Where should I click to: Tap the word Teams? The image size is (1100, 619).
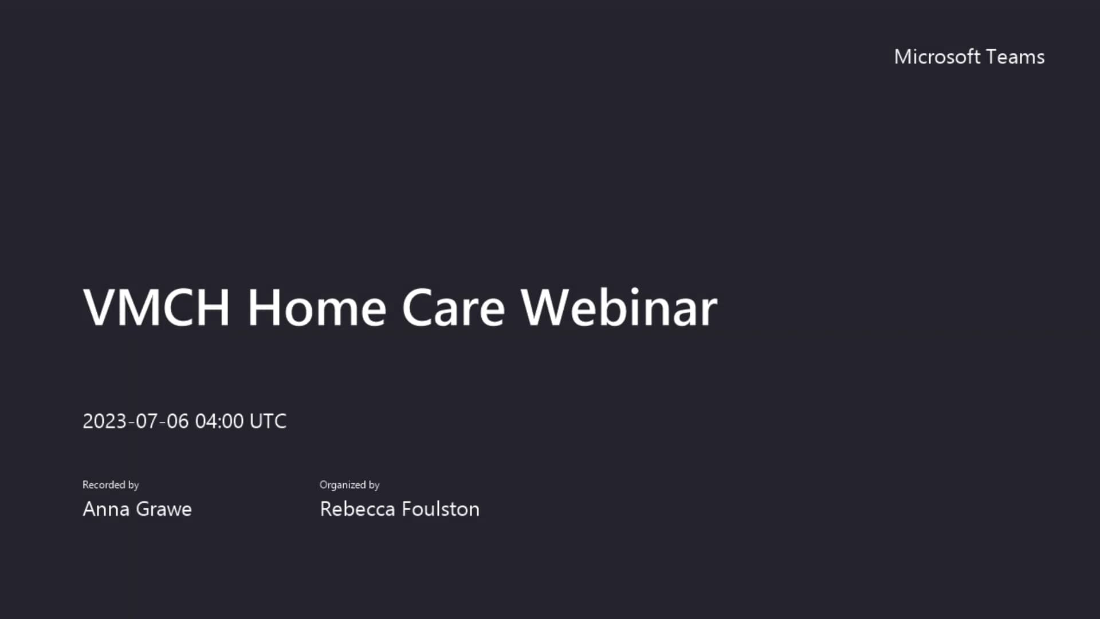(1016, 57)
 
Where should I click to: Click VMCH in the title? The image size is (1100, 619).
(156, 308)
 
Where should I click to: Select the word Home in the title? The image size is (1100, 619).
(317, 308)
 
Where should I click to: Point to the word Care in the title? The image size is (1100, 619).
(453, 308)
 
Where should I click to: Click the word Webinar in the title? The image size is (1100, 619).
(619, 308)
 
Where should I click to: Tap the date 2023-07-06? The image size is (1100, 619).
(135, 421)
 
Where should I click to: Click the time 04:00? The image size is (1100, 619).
(219, 421)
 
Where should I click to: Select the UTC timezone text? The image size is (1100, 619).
(268, 421)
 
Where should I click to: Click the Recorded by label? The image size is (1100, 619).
(111, 485)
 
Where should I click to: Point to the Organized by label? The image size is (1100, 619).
(349, 485)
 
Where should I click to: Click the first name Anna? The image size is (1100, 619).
(106, 509)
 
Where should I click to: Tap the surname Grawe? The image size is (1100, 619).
(164, 509)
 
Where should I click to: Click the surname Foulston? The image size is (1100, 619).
(441, 509)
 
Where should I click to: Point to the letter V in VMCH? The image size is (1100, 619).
(100, 308)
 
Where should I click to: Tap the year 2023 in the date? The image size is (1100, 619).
(104, 421)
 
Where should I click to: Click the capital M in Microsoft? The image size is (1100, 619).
(903, 57)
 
